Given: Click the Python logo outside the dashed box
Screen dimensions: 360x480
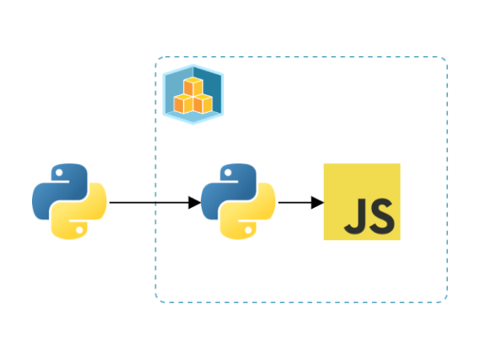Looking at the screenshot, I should click(x=70, y=202).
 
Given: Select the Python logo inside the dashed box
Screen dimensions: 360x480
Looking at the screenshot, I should click(x=238, y=202).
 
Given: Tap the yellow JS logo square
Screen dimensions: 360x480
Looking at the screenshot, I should click(x=362, y=202).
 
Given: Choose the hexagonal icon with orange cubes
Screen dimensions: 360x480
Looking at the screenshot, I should click(x=193, y=94).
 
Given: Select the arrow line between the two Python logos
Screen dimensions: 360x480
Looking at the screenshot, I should click(x=152, y=202).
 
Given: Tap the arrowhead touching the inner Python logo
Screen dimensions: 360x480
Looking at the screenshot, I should click(x=194, y=202).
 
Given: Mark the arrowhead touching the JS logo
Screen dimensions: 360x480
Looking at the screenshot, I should click(x=318, y=202).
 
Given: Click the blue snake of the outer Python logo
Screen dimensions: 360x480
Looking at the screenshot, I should click(x=54, y=189).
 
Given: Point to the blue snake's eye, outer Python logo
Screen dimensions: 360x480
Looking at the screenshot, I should click(x=59, y=174).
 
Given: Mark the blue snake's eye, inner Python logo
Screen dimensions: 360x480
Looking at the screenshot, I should click(x=227, y=174).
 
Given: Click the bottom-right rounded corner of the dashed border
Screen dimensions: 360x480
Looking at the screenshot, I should click(x=444, y=298).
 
